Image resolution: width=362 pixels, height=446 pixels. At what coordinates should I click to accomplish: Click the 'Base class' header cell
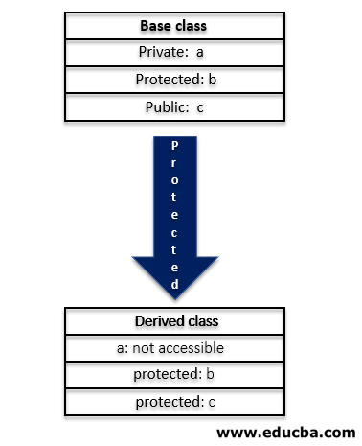click(x=173, y=26)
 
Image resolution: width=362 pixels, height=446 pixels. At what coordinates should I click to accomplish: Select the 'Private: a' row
click(x=173, y=53)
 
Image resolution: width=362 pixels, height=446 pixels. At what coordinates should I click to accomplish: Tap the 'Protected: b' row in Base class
click(x=173, y=80)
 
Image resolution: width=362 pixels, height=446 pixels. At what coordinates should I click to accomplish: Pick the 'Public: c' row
click(x=173, y=106)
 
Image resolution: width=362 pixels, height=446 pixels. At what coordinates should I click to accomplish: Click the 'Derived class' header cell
click(x=173, y=321)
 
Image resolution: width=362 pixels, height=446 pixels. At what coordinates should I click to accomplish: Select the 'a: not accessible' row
click(x=173, y=348)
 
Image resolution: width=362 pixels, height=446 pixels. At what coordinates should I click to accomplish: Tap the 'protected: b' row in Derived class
click(x=173, y=375)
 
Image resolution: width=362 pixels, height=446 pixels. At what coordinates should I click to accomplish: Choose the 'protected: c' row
click(x=173, y=402)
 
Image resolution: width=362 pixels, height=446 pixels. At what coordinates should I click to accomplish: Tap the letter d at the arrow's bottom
click(x=173, y=285)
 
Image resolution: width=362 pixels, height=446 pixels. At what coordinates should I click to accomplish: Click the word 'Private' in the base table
click(x=158, y=53)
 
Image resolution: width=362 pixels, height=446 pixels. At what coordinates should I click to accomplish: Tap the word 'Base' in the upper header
click(x=156, y=26)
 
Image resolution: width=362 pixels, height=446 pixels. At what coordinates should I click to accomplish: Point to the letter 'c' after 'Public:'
click(x=200, y=106)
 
